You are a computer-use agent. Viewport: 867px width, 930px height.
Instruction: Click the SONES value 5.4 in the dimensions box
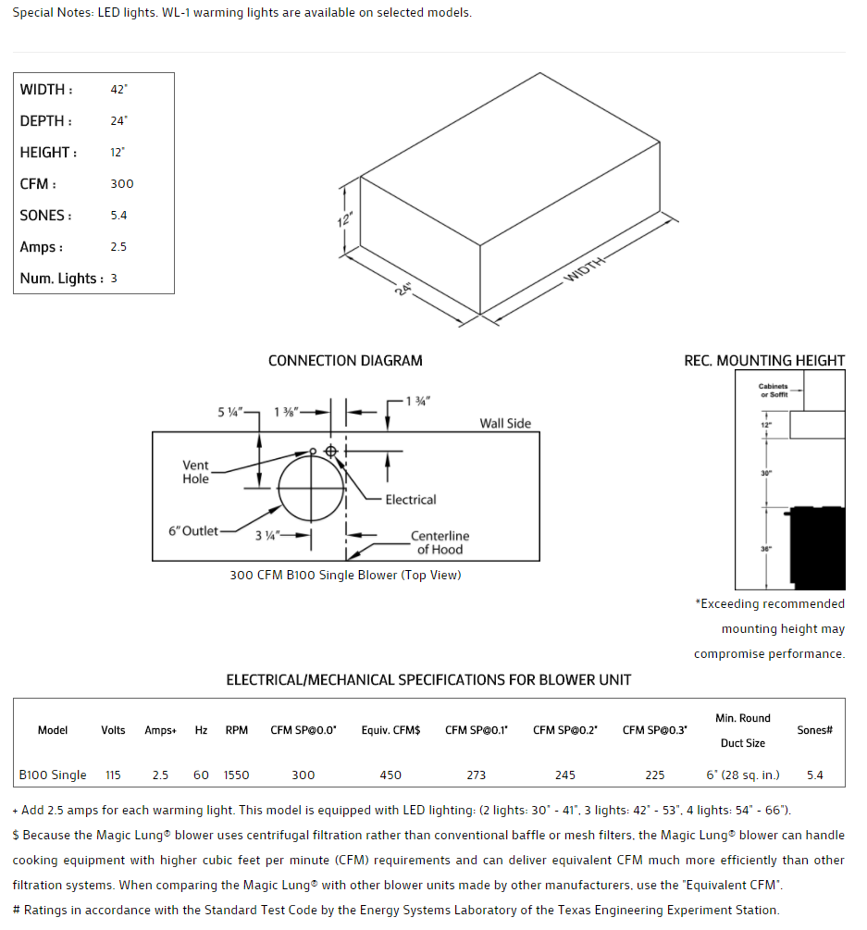[x=118, y=216]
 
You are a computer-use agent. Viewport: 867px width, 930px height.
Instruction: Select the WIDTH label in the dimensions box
[x=43, y=90]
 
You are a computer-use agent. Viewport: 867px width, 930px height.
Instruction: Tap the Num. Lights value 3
[x=114, y=279]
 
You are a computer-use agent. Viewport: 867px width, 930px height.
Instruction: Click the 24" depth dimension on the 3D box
[x=403, y=288]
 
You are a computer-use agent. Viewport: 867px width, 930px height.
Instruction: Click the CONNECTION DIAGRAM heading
[x=345, y=361]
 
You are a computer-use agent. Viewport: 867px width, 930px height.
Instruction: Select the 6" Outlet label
[x=193, y=531]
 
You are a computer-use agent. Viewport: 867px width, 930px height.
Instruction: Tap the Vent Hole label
[x=196, y=472]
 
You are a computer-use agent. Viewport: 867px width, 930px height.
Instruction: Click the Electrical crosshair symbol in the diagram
[x=330, y=451]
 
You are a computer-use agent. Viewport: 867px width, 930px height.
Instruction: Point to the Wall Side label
[x=505, y=423]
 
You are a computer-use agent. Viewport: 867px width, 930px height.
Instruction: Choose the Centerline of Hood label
[x=440, y=542]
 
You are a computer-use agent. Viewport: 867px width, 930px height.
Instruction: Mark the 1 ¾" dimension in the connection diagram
[x=419, y=401]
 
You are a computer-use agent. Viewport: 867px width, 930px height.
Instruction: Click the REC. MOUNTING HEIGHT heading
[x=764, y=361]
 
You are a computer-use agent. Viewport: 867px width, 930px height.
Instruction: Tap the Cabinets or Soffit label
[x=774, y=391]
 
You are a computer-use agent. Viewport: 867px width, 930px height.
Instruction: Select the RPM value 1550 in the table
[x=237, y=775]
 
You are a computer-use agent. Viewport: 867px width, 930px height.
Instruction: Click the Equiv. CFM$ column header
[x=390, y=730]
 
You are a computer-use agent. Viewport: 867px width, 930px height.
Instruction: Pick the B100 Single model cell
[x=53, y=775]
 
